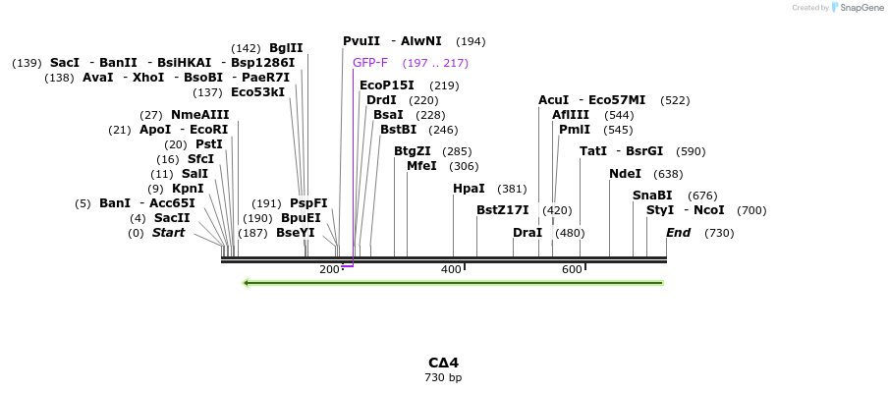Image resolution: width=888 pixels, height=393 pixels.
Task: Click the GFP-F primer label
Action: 370,63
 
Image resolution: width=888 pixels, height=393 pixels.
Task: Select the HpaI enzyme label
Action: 469,189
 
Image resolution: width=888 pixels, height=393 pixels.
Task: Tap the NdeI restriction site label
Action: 625,174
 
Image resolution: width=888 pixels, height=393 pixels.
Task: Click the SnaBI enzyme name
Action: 652,196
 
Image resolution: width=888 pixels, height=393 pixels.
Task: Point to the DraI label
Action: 527,233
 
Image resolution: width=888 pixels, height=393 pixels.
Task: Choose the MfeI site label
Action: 421,166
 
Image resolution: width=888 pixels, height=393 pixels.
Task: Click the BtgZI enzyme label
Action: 413,151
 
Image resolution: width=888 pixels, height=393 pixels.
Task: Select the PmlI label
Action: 575,130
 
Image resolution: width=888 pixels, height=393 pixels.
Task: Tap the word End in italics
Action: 678,233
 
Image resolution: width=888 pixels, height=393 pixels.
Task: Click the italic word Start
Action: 168,233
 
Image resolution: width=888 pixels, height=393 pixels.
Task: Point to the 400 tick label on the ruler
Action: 451,269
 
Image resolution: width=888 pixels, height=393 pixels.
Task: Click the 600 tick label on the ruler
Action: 572,269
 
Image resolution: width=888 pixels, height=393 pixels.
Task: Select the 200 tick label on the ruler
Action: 329,269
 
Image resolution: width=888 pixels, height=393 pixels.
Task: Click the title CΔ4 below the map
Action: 443,363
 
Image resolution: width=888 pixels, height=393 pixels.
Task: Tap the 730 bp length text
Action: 443,377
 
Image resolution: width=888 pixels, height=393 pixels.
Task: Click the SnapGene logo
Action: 857,8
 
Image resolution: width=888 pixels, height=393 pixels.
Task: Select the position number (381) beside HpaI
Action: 512,189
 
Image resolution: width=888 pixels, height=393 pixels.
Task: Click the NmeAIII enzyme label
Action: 199,115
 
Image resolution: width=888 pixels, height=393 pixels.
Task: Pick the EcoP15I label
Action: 387,85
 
